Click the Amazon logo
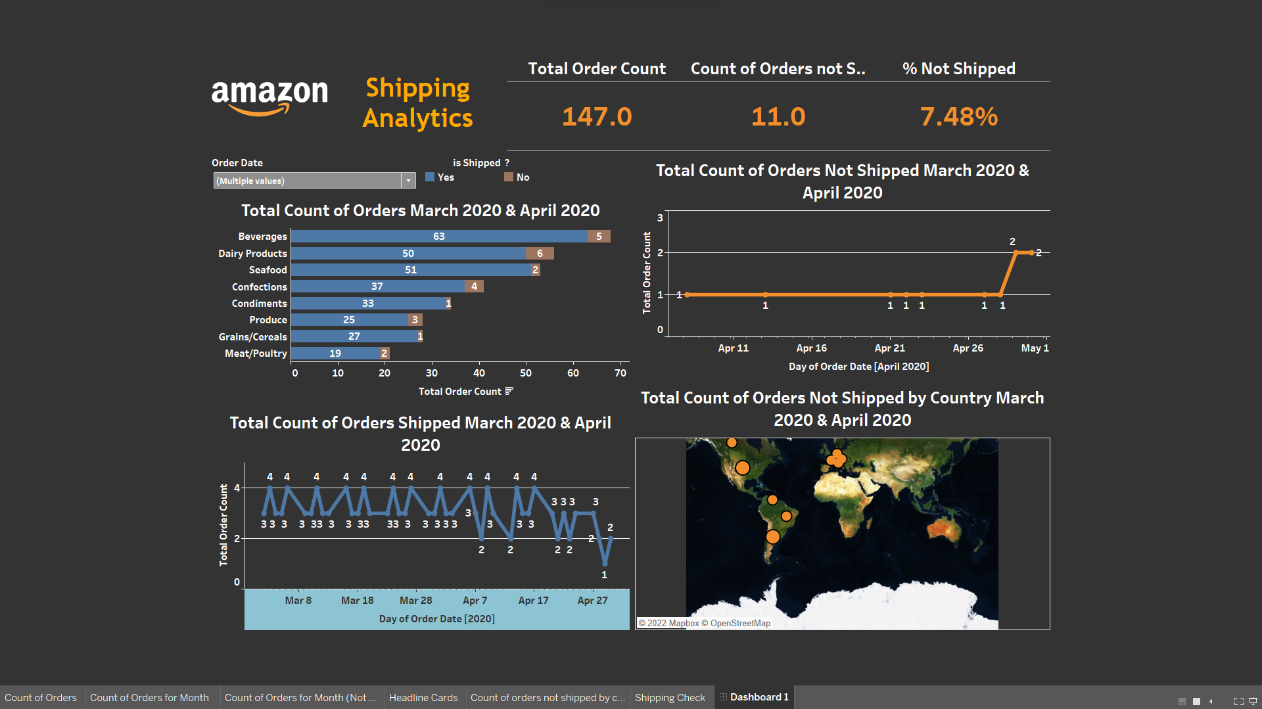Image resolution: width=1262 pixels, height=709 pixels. pyautogui.click(x=269, y=96)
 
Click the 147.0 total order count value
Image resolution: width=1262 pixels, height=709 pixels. pyautogui.click(x=597, y=117)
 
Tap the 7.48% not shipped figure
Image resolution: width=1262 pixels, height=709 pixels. pyautogui.click(x=958, y=117)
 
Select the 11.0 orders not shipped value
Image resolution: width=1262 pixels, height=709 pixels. pyautogui.click(x=778, y=117)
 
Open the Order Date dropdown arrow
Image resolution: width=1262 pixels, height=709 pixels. pyautogui.click(x=408, y=181)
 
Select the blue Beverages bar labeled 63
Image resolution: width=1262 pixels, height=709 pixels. pyautogui.click(x=438, y=237)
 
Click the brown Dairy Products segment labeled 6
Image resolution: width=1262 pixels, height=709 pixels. pyautogui.click(x=540, y=254)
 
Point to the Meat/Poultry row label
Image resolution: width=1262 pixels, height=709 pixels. pyautogui.click(x=256, y=354)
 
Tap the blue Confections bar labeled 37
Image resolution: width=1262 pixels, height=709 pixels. pyautogui.click(x=377, y=286)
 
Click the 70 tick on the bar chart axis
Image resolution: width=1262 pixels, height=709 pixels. pyautogui.click(x=620, y=373)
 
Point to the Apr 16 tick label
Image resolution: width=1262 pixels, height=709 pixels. pyautogui.click(x=811, y=348)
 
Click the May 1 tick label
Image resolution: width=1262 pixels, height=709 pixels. pyautogui.click(x=1035, y=348)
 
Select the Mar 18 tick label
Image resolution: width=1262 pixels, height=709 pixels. pyautogui.click(x=357, y=601)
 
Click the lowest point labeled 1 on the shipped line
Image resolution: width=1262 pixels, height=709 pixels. pyautogui.click(x=605, y=563)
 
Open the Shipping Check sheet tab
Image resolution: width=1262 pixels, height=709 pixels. pyautogui.click(x=670, y=698)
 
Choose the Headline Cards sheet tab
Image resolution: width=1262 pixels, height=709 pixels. pyautogui.click(x=423, y=698)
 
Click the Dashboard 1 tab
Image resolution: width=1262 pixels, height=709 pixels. pyautogui.click(x=759, y=697)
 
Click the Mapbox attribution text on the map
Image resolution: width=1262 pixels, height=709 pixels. pyautogui.click(x=669, y=624)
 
